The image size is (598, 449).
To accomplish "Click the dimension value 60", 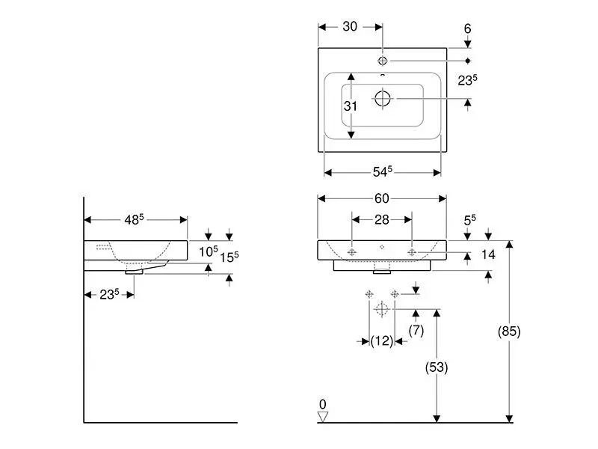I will [382, 198].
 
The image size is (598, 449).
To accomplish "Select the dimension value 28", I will [382, 219].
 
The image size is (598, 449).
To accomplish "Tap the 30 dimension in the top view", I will [349, 26].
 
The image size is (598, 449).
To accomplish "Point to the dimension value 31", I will [351, 106].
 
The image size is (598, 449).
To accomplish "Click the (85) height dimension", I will [509, 331].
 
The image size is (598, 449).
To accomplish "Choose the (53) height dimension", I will [437, 367].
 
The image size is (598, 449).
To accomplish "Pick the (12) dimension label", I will [382, 341].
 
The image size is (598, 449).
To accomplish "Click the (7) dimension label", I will [416, 329].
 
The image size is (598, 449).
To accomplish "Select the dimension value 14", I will [488, 254].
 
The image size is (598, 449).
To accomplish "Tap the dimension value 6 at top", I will [467, 28].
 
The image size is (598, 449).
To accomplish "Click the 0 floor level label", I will [323, 404].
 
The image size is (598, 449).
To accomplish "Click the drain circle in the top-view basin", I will [382, 98].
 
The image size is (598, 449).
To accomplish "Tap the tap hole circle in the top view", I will [382, 59].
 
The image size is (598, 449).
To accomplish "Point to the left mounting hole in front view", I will [352, 253].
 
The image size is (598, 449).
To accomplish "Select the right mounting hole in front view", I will [412, 253].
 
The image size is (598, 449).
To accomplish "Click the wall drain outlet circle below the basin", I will [382, 308].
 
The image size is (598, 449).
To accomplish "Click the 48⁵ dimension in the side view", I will [135, 219].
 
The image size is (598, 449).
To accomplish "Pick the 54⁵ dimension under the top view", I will [382, 172].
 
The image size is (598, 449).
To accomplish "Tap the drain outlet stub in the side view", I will [135, 272].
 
